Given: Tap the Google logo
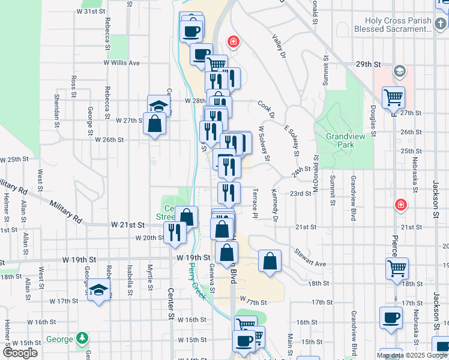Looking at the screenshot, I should (x=20, y=353).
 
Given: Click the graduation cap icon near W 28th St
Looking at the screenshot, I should (x=158, y=106).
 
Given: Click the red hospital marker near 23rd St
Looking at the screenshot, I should (x=400, y=206).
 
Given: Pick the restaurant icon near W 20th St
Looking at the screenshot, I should (x=175, y=232).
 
